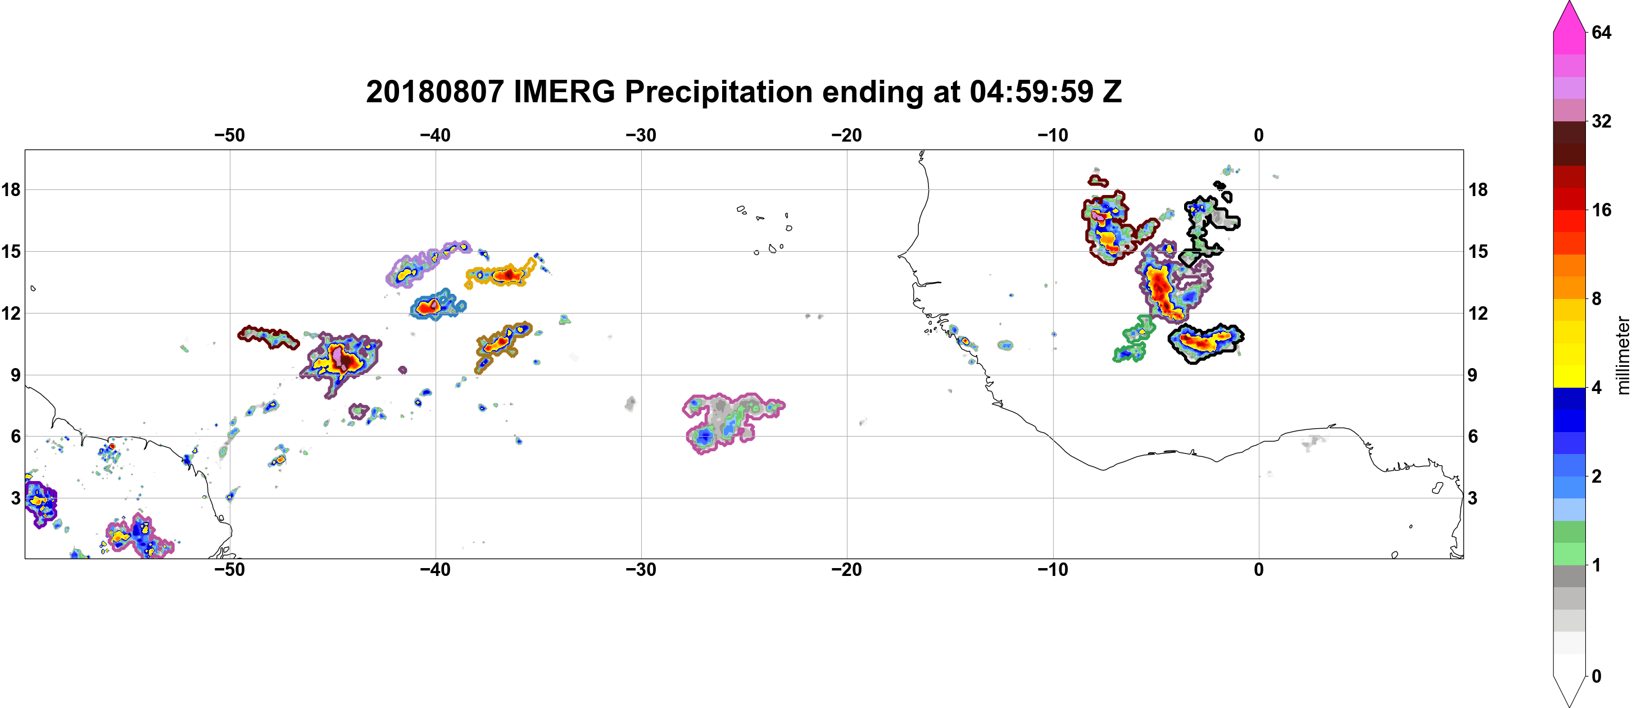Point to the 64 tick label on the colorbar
[1602, 32]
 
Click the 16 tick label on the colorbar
[1602, 210]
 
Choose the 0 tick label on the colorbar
[1597, 677]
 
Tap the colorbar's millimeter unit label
[1622, 355]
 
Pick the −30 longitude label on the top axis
[641, 135]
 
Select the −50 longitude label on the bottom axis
[229, 570]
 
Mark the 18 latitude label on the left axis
[11, 189]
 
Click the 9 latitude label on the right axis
[1472, 375]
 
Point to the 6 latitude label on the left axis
[15, 437]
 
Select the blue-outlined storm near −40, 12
[437, 305]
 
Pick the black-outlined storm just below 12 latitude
[1205, 343]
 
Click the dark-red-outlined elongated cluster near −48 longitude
[269, 337]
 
